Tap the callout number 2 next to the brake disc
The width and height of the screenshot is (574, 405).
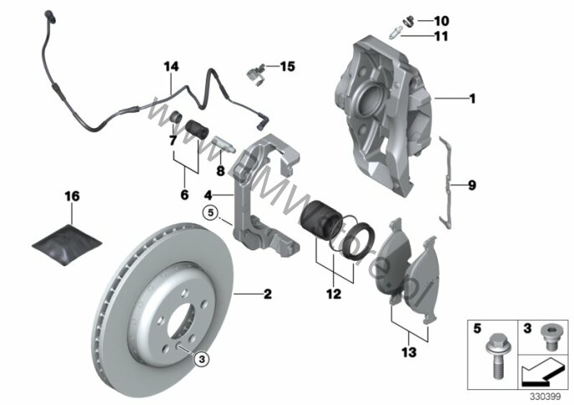tap(267, 294)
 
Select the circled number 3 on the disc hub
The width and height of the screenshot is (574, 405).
tap(200, 358)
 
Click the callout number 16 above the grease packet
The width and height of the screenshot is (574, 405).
tap(72, 196)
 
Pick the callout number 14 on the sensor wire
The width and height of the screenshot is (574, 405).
tap(172, 65)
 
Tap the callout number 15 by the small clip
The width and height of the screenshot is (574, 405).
tap(288, 65)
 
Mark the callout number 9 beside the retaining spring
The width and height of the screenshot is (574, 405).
tap(472, 186)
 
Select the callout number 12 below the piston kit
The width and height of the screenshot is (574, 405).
tap(334, 295)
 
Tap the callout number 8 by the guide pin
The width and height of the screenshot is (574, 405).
tap(220, 171)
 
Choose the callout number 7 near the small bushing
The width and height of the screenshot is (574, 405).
tap(172, 140)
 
